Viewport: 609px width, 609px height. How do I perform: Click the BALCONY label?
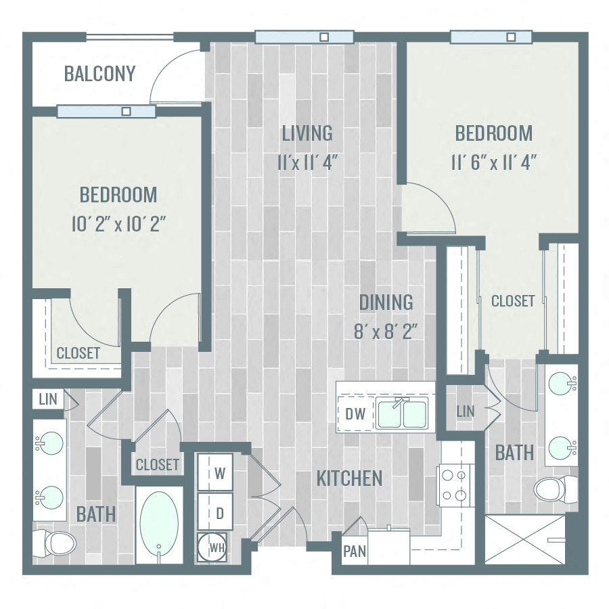(x=99, y=73)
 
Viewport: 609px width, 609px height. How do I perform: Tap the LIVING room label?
(x=307, y=133)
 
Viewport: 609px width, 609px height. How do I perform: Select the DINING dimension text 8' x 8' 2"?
(x=386, y=332)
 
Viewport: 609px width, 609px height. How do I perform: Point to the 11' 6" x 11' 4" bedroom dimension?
(x=493, y=162)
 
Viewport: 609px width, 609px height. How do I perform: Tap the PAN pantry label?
(x=355, y=551)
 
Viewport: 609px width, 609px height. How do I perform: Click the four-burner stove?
(x=455, y=485)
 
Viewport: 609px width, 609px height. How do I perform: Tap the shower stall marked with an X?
(x=525, y=539)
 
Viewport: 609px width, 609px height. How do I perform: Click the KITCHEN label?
(x=349, y=478)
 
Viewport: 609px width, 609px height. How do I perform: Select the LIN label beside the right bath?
(x=466, y=411)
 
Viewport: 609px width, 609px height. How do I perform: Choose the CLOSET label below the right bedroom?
(x=512, y=301)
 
